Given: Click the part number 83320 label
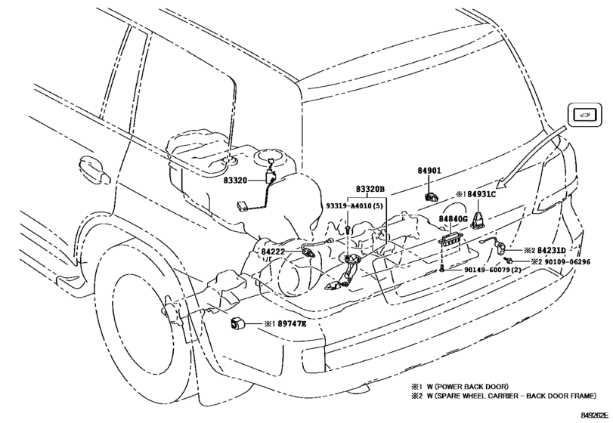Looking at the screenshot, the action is (235, 180).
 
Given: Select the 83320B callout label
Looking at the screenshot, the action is (370, 189).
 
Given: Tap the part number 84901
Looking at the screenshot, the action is (429, 170).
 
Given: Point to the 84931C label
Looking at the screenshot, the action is (481, 193).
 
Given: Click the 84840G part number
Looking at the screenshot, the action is (453, 219).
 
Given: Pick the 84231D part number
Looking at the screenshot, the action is (551, 250).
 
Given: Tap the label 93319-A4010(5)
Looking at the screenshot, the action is (354, 206).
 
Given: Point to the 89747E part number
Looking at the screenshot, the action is (292, 323).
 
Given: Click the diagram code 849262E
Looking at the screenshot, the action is (594, 415).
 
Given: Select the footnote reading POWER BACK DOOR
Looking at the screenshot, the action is (467, 387).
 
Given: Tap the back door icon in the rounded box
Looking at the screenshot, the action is (584, 115).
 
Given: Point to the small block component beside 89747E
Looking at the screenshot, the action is (236, 323).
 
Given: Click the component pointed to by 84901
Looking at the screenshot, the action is (432, 196).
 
